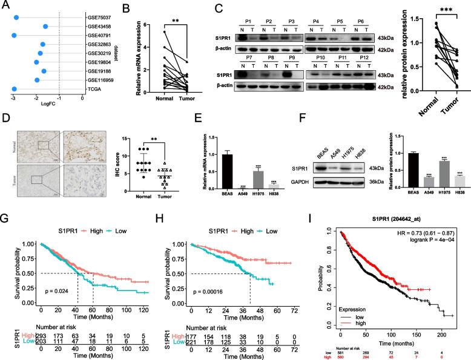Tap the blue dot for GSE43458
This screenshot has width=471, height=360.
(x=45, y=27)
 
